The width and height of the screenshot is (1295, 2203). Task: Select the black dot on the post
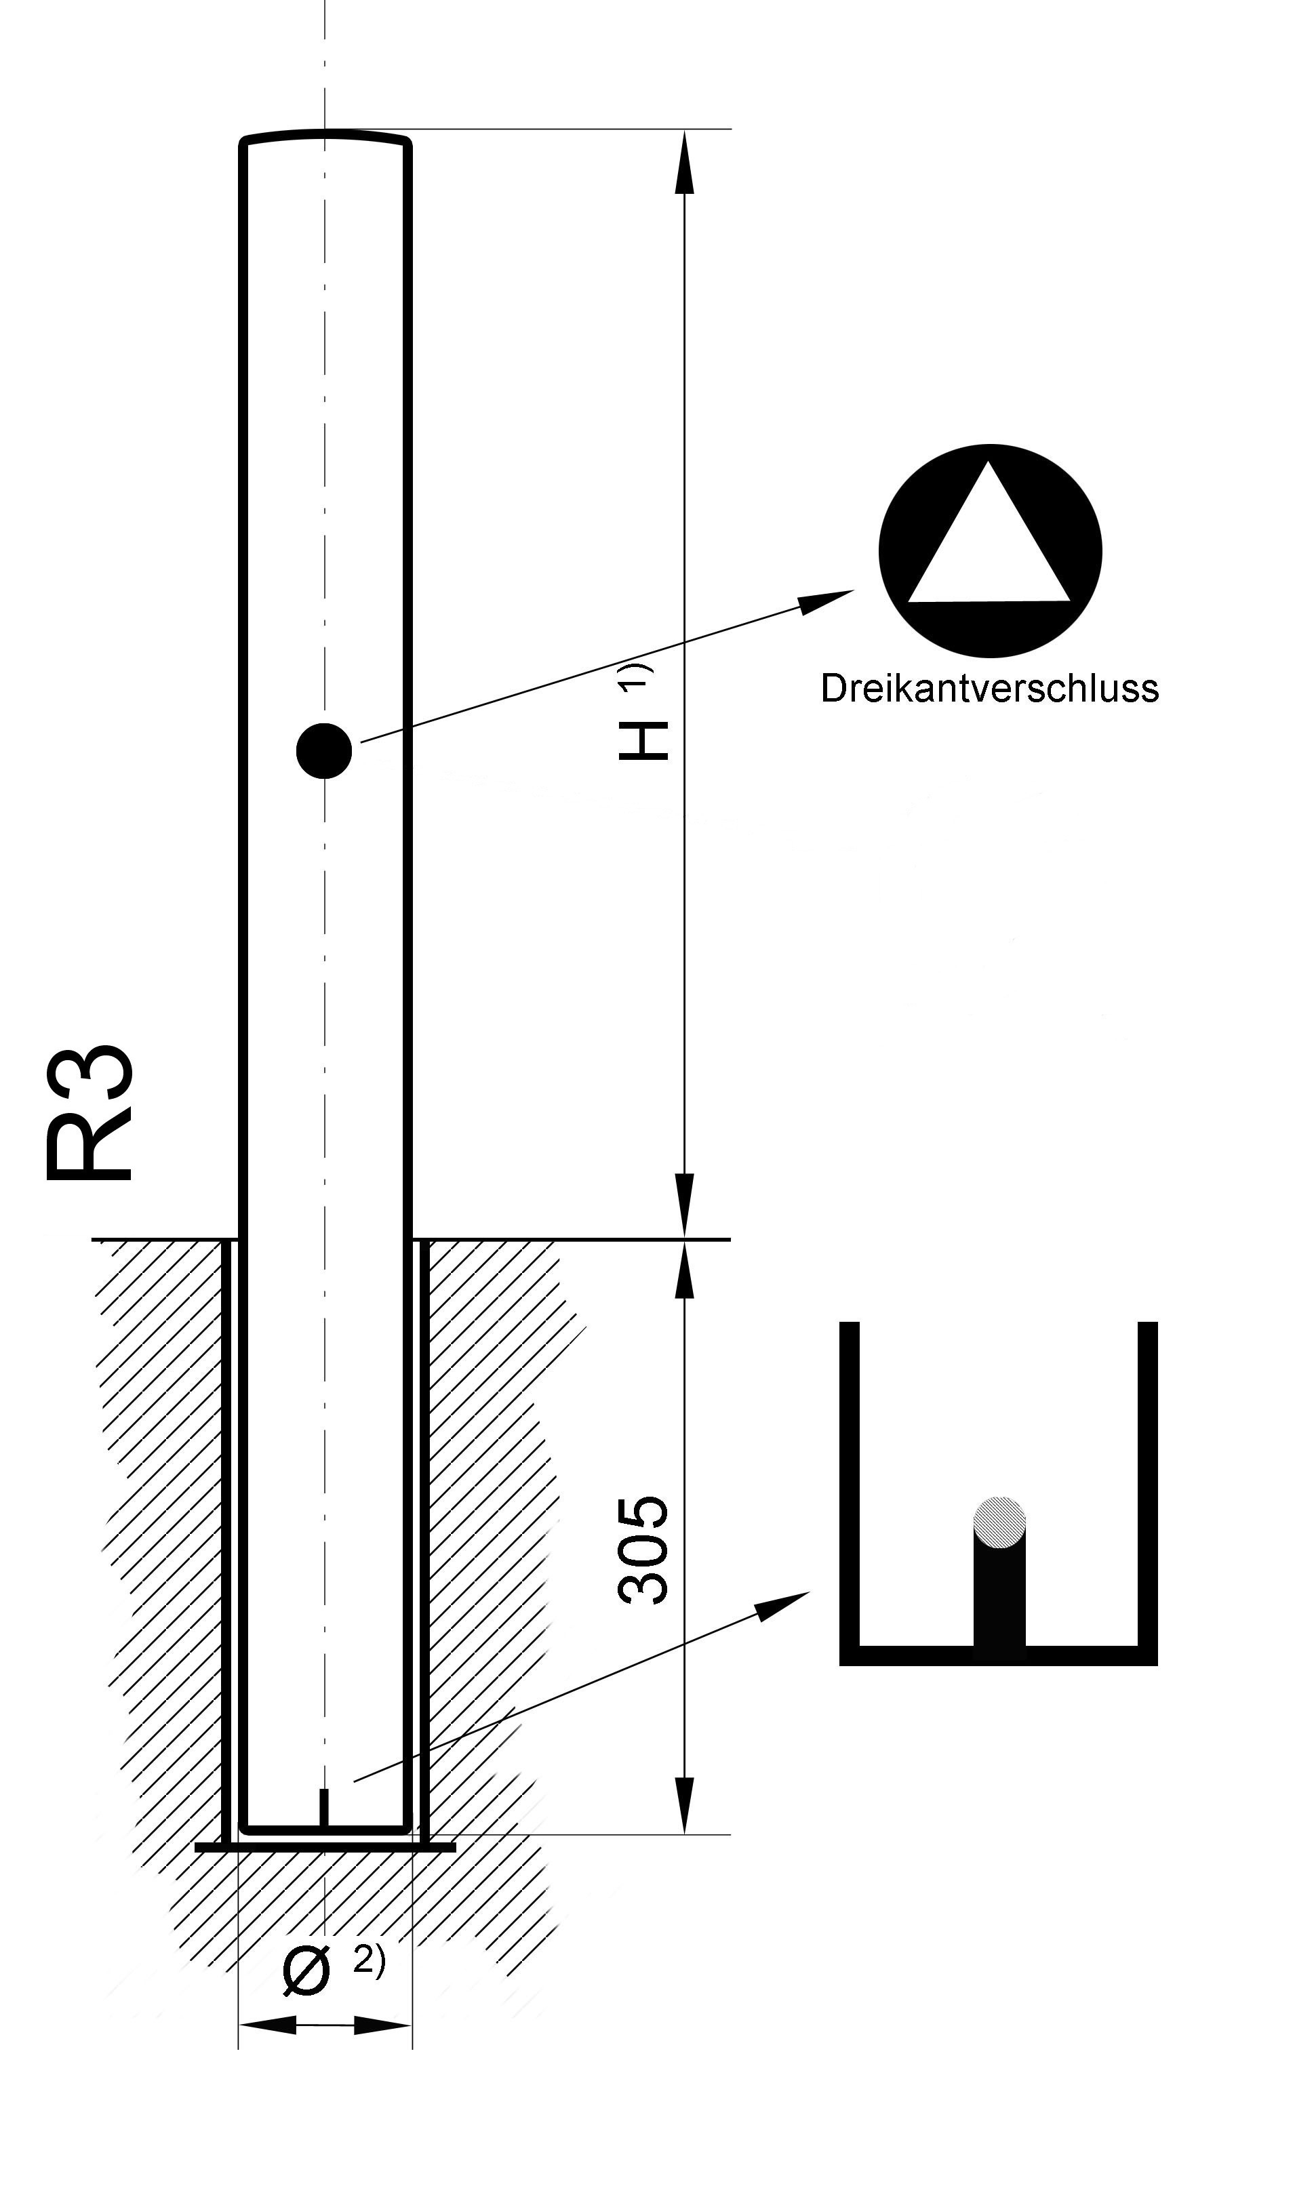324,751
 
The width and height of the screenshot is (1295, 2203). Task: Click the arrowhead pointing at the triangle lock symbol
828,601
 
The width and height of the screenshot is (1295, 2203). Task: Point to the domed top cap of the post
325,137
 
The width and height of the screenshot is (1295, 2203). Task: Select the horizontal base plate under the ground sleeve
325,1847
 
